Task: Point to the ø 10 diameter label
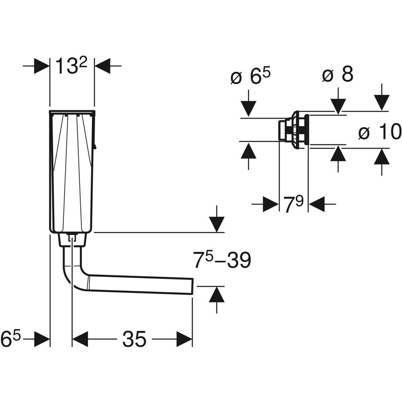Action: (380, 131)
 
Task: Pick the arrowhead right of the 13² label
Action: (102, 66)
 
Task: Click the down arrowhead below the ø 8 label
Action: (338, 107)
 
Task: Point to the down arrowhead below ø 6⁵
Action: (248, 109)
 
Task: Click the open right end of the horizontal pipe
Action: (192, 286)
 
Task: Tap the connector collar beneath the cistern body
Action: (72, 240)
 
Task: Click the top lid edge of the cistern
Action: (72, 112)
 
